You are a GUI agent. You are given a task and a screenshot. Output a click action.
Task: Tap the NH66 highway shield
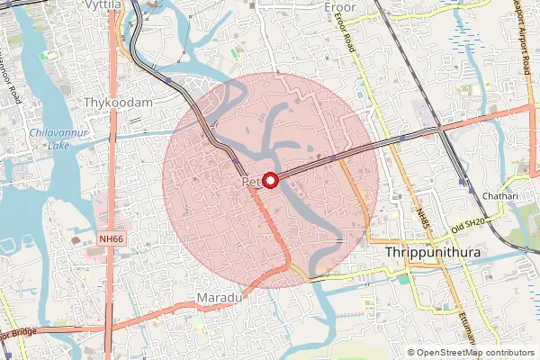coord(109,238)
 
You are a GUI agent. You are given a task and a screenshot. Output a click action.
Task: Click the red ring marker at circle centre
coord(269,180)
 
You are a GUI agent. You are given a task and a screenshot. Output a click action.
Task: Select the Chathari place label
coord(500,195)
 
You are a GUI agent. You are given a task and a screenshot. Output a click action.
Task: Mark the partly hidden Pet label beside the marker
coord(250,183)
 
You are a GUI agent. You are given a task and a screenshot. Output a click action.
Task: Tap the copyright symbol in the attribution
coord(411,353)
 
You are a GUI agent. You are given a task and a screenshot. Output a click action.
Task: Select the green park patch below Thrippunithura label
coord(404,278)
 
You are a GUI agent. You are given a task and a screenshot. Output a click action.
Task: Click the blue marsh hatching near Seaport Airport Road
coord(468,36)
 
